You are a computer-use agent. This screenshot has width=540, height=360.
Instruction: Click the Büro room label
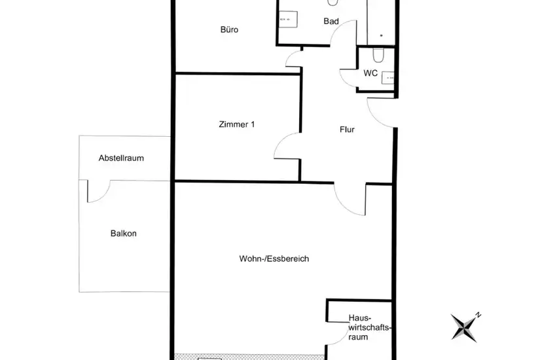coord(229,29)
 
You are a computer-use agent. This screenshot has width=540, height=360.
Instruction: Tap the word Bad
coord(331,22)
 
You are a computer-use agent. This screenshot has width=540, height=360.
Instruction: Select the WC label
coord(370,73)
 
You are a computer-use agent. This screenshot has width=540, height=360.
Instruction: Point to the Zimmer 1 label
coord(236,124)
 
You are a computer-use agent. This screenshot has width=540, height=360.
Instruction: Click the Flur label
coord(347,130)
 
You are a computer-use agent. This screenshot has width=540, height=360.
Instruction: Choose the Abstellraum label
coord(121,158)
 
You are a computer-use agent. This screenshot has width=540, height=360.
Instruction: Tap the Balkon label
coord(123,233)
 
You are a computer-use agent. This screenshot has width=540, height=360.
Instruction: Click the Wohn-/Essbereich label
coord(274,259)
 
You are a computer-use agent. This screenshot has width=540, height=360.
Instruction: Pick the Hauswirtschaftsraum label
coord(369,327)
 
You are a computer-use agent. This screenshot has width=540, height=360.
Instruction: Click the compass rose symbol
coord(465,327)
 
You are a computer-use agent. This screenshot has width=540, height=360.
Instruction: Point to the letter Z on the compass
coord(478,315)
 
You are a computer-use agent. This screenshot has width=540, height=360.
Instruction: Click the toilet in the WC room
coord(378,55)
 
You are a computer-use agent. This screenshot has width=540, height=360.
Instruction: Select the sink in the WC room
coord(387,78)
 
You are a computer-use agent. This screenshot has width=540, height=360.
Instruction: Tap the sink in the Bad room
coord(288,19)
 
